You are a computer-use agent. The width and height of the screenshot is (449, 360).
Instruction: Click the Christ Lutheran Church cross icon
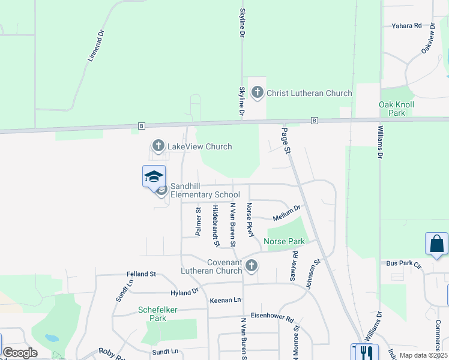(x=257, y=93)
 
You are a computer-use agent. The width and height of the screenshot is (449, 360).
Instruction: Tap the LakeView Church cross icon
(x=158, y=146)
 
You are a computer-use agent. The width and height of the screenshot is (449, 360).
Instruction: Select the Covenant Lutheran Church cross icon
(x=252, y=265)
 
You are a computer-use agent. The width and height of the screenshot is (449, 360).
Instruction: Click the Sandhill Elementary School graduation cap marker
(x=154, y=176)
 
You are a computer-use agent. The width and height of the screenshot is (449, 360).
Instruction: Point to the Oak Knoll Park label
(x=396, y=109)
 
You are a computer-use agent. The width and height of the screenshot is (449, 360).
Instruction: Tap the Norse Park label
(x=284, y=242)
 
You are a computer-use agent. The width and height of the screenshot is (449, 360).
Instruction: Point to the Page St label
(x=286, y=140)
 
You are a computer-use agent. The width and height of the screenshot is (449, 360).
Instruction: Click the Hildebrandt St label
(x=215, y=225)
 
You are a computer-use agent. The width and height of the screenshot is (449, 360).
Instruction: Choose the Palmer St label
(x=197, y=221)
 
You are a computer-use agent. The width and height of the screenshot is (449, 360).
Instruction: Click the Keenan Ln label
(x=225, y=299)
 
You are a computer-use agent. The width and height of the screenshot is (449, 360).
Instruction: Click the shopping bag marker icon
(x=436, y=244)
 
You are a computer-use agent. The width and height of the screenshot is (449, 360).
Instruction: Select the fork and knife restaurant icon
(x=363, y=352)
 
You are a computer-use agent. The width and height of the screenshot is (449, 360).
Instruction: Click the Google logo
(x=20, y=353)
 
